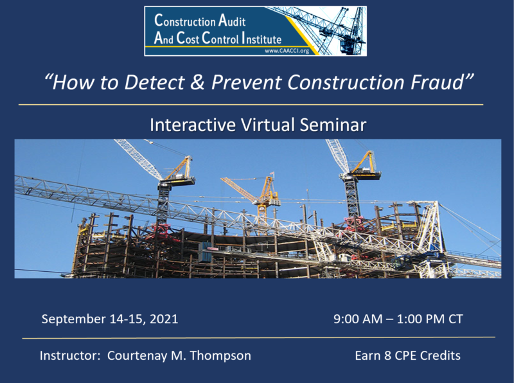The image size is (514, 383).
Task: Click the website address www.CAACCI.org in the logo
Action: pyautogui.click(x=287, y=51)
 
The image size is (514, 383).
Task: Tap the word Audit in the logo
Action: pyautogui.click(x=232, y=21)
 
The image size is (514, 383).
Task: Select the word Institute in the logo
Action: pyautogui.click(x=261, y=39)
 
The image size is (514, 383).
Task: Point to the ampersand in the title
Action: pyautogui.click(x=197, y=82)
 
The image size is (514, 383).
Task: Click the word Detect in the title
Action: pyautogui.click(x=154, y=82)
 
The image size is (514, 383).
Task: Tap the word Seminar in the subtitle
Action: pyautogui.click(x=333, y=125)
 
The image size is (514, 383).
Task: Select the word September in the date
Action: pyautogui.click(x=73, y=319)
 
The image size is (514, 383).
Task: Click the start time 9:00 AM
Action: pyautogui.click(x=358, y=319)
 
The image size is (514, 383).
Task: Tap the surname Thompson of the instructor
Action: pyautogui.click(x=220, y=356)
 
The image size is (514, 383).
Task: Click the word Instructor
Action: pyautogui.click(x=69, y=356)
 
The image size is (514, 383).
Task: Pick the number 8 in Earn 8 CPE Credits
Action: pyautogui.click(x=387, y=356)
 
